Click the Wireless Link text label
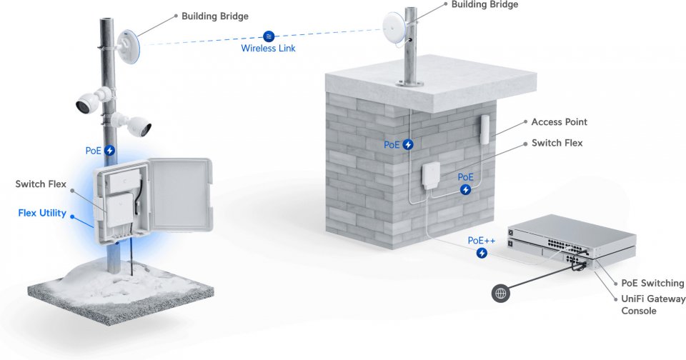268,48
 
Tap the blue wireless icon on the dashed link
269,36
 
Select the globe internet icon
500,293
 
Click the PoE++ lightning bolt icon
482,253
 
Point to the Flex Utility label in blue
42,213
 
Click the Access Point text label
559,122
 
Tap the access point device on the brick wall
485,129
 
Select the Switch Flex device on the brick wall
431,176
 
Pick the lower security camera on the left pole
133,124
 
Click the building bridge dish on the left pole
128,46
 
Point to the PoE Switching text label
652,283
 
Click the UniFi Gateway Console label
653,304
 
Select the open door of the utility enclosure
180,195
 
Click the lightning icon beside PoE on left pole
109,151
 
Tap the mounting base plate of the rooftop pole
410,83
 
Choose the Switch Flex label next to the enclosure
41,184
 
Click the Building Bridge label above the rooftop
484,5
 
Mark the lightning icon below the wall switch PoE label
465,189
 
